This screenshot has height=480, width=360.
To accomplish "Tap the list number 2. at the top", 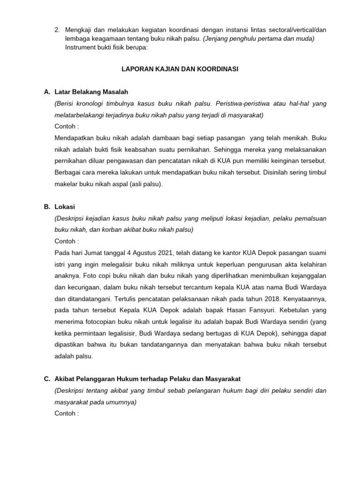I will point(57,30).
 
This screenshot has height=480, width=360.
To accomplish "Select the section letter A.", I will point(47,91).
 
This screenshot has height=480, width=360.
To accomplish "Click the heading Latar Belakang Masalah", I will point(91,91).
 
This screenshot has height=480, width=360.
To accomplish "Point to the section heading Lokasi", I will point(66,207).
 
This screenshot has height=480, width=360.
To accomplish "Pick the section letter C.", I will point(47,379).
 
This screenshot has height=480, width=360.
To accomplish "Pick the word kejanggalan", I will point(306,275).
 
